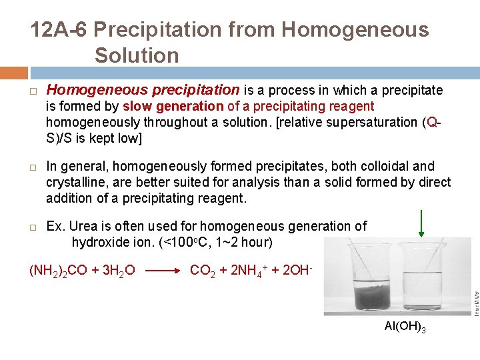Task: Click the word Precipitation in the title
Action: pyautogui.click(x=185, y=30)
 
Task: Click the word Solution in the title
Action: pyautogui.click(x=137, y=55)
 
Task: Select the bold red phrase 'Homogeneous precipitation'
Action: pyautogui.click(x=143, y=90)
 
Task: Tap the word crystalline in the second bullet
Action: pyautogui.click(x=75, y=182)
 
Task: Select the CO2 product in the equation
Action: pyautogui.click(x=203, y=271)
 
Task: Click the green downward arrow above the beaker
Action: pyautogui.click(x=421, y=223)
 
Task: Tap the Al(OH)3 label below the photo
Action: pyautogui.click(x=405, y=327)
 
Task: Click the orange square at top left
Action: pyautogui.click(x=14, y=72)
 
